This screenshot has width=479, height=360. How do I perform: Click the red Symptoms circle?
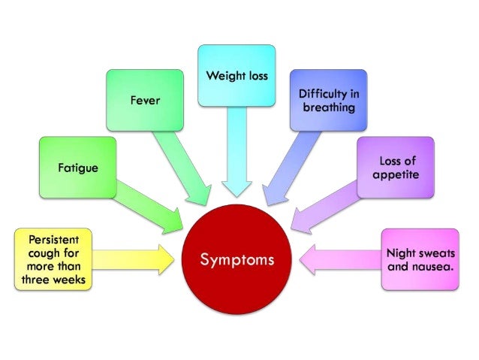pyautogui.click(x=236, y=259)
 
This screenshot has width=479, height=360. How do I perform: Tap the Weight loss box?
pyautogui.click(x=236, y=75)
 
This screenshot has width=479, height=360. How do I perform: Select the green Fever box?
pyautogui.click(x=145, y=100)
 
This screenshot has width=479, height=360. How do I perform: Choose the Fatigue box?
pyautogui.click(x=78, y=167)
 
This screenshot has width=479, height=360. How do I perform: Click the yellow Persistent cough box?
pyautogui.click(x=52, y=260)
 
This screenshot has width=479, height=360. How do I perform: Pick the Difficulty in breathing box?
pyautogui.click(x=327, y=100)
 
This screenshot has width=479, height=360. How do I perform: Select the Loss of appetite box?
pyautogui.click(x=395, y=167)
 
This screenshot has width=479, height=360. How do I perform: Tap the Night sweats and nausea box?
pyautogui.click(x=420, y=260)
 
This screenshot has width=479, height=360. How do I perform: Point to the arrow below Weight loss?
pyautogui.click(x=236, y=158)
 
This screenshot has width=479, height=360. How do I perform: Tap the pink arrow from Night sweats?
pyautogui.click(x=338, y=259)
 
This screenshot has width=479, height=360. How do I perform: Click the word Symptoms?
pyautogui.click(x=236, y=260)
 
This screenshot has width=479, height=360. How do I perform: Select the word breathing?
pyautogui.click(x=327, y=107)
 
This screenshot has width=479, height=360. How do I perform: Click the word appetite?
pyautogui.click(x=395, y=174)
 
